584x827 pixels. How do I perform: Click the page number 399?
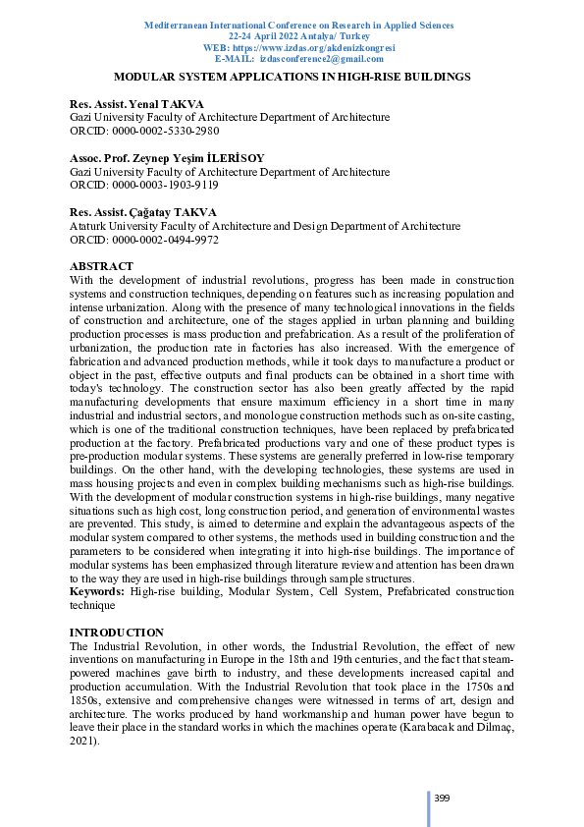(442, 797)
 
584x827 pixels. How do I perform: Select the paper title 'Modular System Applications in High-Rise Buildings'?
(292, 76)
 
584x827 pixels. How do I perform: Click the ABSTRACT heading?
(102, 266)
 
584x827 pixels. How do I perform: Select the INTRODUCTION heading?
(117, 633)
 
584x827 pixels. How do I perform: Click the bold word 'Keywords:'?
(97, 592)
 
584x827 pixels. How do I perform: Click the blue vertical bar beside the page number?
(428, 805)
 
